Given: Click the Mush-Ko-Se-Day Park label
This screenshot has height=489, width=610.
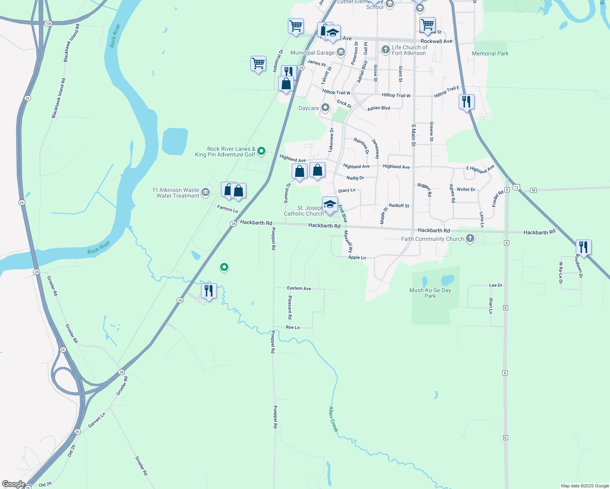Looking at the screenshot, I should click(430, 293).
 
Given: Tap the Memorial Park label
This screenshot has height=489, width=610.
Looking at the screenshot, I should click(490, 53).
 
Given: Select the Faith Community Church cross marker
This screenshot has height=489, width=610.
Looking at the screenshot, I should click(470, 238).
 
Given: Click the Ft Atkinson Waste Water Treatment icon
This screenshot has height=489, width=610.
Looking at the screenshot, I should click(206, 192).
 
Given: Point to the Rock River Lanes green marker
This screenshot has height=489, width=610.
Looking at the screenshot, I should click(262, 151).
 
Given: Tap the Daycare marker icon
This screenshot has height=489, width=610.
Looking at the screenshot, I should click(325, 108).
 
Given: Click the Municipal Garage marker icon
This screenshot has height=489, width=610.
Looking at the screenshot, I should click(341, 52).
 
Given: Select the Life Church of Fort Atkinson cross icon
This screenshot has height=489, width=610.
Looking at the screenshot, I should click(385, 50).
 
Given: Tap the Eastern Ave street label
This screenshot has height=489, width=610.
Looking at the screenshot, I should click(299, 288).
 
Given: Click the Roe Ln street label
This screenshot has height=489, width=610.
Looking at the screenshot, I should click(293, 327).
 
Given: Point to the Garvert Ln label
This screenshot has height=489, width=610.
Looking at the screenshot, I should click(97, 420).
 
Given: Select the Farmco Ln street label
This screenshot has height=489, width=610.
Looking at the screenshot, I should click(228, 209).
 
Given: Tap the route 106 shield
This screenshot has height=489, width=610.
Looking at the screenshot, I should click(49, 24).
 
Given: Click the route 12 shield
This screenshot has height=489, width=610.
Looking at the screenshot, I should click(516, 187).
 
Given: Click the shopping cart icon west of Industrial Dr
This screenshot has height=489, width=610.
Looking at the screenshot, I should click(258, 64).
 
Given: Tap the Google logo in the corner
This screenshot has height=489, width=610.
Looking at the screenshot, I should click(13, 484).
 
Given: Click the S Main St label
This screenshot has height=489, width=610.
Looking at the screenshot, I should click(413, 135).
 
